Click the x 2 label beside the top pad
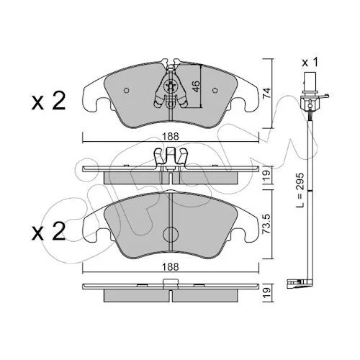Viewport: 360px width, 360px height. click(48, 102)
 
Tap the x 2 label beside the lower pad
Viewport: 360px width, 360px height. click(48, 231)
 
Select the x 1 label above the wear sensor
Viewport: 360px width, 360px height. click(310, 63)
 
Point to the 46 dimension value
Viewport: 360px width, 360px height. click(196, 86)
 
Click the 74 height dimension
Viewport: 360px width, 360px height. click(267, 93)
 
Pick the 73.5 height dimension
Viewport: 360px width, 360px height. click(267, 224)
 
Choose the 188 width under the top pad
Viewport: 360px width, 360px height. click(171, 137)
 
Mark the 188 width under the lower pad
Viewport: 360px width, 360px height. click(171, 267)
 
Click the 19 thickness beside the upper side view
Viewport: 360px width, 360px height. click(267, 175)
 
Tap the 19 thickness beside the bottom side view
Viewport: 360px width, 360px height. click(267, 293)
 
